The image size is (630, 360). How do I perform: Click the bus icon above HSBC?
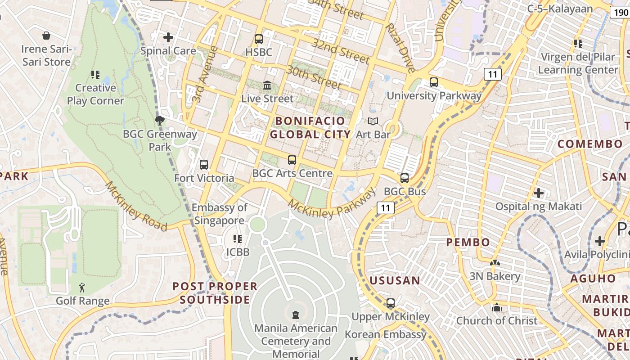click(258, 39)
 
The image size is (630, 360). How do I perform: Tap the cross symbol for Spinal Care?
click(168, 37)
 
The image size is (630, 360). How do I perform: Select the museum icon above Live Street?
click(267, 85)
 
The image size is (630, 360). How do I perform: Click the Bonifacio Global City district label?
click(310, 127)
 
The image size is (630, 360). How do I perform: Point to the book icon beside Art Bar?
click(373, 121)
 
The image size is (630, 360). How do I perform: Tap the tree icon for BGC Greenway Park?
click(159, 120)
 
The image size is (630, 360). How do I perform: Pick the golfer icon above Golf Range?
click(82, 288)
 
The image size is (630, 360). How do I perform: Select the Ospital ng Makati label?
click(538, 207)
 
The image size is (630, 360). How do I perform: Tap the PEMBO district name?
click(468, 243)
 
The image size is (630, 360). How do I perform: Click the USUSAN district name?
click(395, 281)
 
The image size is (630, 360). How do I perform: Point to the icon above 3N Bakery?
click(495, 263)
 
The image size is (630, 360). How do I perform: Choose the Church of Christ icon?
click(497, 308)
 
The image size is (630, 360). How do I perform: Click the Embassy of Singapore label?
click(220, 214)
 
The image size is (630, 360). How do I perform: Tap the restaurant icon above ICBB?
click(237, 239)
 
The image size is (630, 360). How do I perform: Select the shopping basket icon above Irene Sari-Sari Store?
click(46, 36)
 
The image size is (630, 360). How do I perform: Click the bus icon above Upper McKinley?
click(391, 303)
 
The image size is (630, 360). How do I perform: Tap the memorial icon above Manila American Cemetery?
click(296, 315)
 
